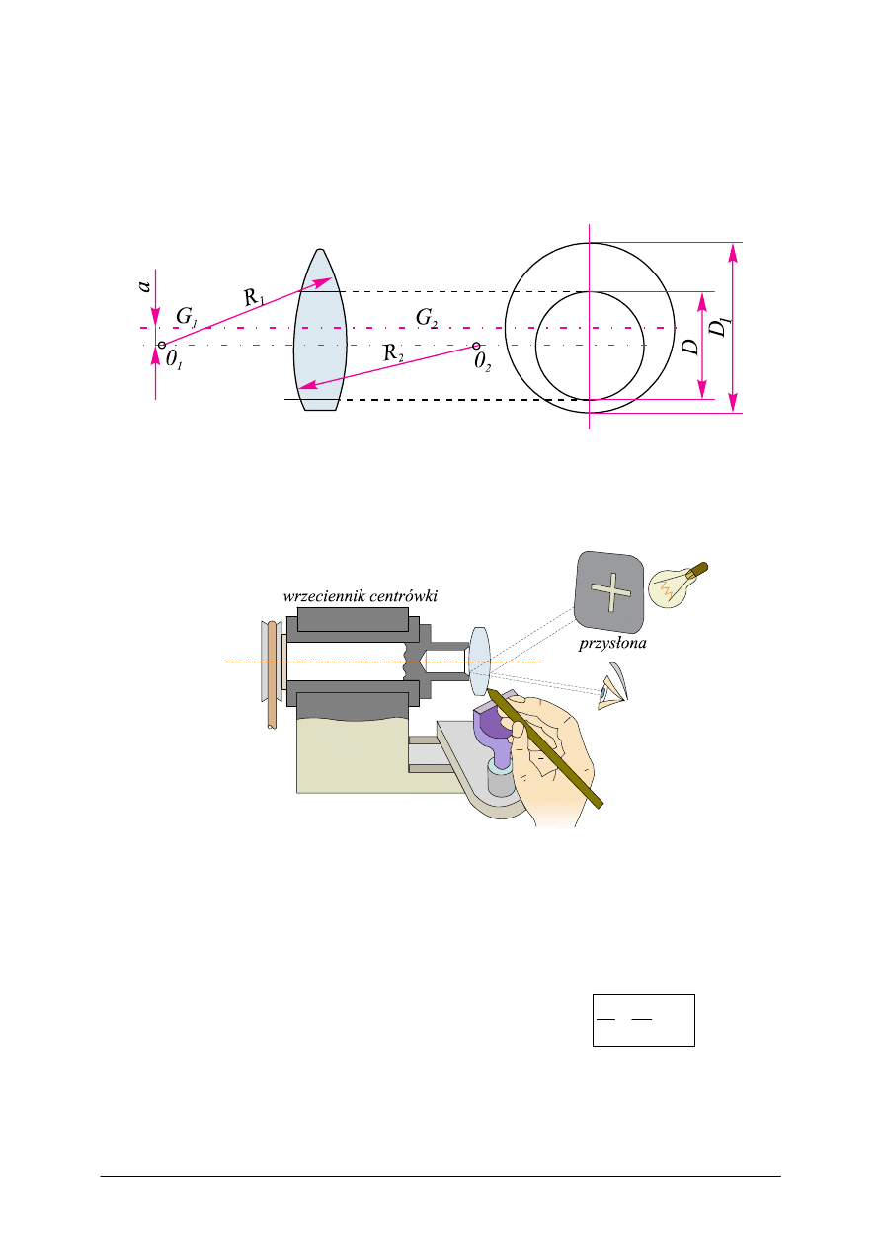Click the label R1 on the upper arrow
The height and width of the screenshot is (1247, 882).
[x=254, y=295]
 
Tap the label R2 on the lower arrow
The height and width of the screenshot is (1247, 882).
[x=393, y=354]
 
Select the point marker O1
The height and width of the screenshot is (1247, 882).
[x=162, y=346]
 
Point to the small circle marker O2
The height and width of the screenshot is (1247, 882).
[x=476, y=346]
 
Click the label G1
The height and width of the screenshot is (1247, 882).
[x=187, y=316]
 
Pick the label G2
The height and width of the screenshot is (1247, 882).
[x=427, y=317]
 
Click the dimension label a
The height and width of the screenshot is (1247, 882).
[x=144, y=285]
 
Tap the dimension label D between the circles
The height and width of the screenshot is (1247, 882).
[x=691, y=345]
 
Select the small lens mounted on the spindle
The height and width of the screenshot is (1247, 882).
[x=479, y=662]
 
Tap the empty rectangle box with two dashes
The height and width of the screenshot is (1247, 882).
[x=643, y=1019]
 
